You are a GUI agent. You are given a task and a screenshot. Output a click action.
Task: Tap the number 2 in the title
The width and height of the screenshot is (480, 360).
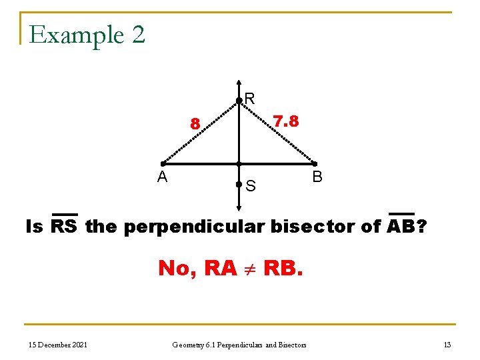(x=138, y=35)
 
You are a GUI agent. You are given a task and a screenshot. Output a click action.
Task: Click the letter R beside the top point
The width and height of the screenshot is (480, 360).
(x=250, y=99)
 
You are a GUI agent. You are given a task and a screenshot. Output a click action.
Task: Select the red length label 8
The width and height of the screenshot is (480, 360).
(x=195, y=123)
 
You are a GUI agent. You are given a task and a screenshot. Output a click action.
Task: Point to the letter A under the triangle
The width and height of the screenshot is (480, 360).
(x=162, y=177)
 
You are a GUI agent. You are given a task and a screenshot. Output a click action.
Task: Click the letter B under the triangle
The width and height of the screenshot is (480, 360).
(x=317, y=177)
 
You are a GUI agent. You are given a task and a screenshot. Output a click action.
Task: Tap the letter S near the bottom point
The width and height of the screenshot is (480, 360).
(x=251, y=186)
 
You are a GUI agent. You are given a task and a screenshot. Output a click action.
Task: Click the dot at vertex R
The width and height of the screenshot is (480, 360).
(x=239, y=101)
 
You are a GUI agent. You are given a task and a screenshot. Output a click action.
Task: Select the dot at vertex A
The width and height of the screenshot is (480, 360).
(x=163, y=164)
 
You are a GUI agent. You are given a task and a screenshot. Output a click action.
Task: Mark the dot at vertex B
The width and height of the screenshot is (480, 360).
(x=315, y=164)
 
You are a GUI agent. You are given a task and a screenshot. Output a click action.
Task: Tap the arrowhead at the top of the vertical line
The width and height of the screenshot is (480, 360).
(x=239, y=85)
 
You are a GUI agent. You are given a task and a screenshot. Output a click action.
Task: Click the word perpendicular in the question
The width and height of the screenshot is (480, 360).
(x=195, y=227)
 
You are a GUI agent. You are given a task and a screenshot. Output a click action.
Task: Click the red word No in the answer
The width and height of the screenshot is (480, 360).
(x=176, y=268)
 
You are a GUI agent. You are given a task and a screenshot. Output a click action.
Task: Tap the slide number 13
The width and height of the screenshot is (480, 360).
(x=447, y=344)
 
